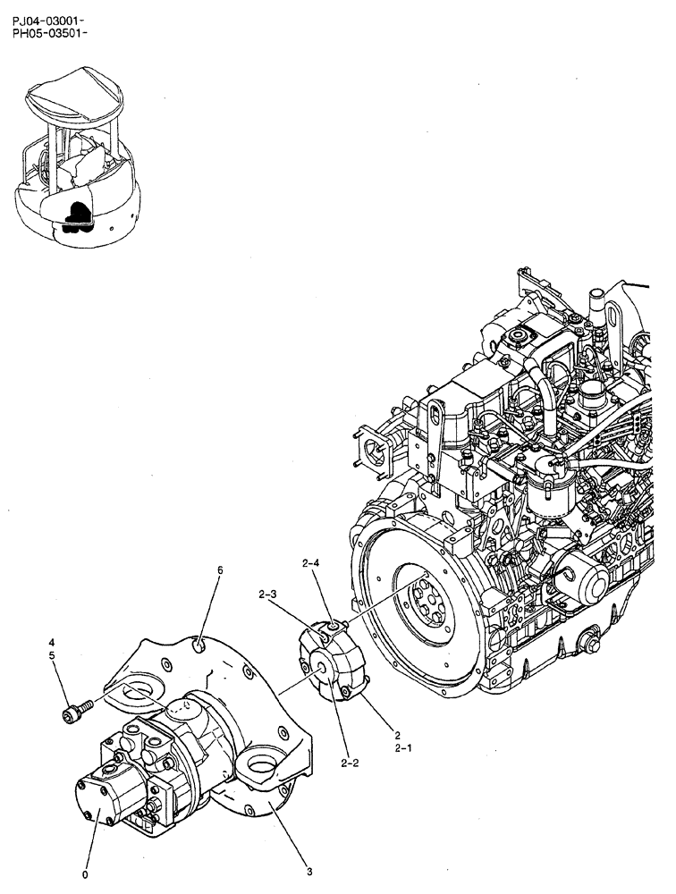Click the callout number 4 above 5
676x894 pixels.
[52, 642]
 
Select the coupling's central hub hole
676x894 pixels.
[319, 665]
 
